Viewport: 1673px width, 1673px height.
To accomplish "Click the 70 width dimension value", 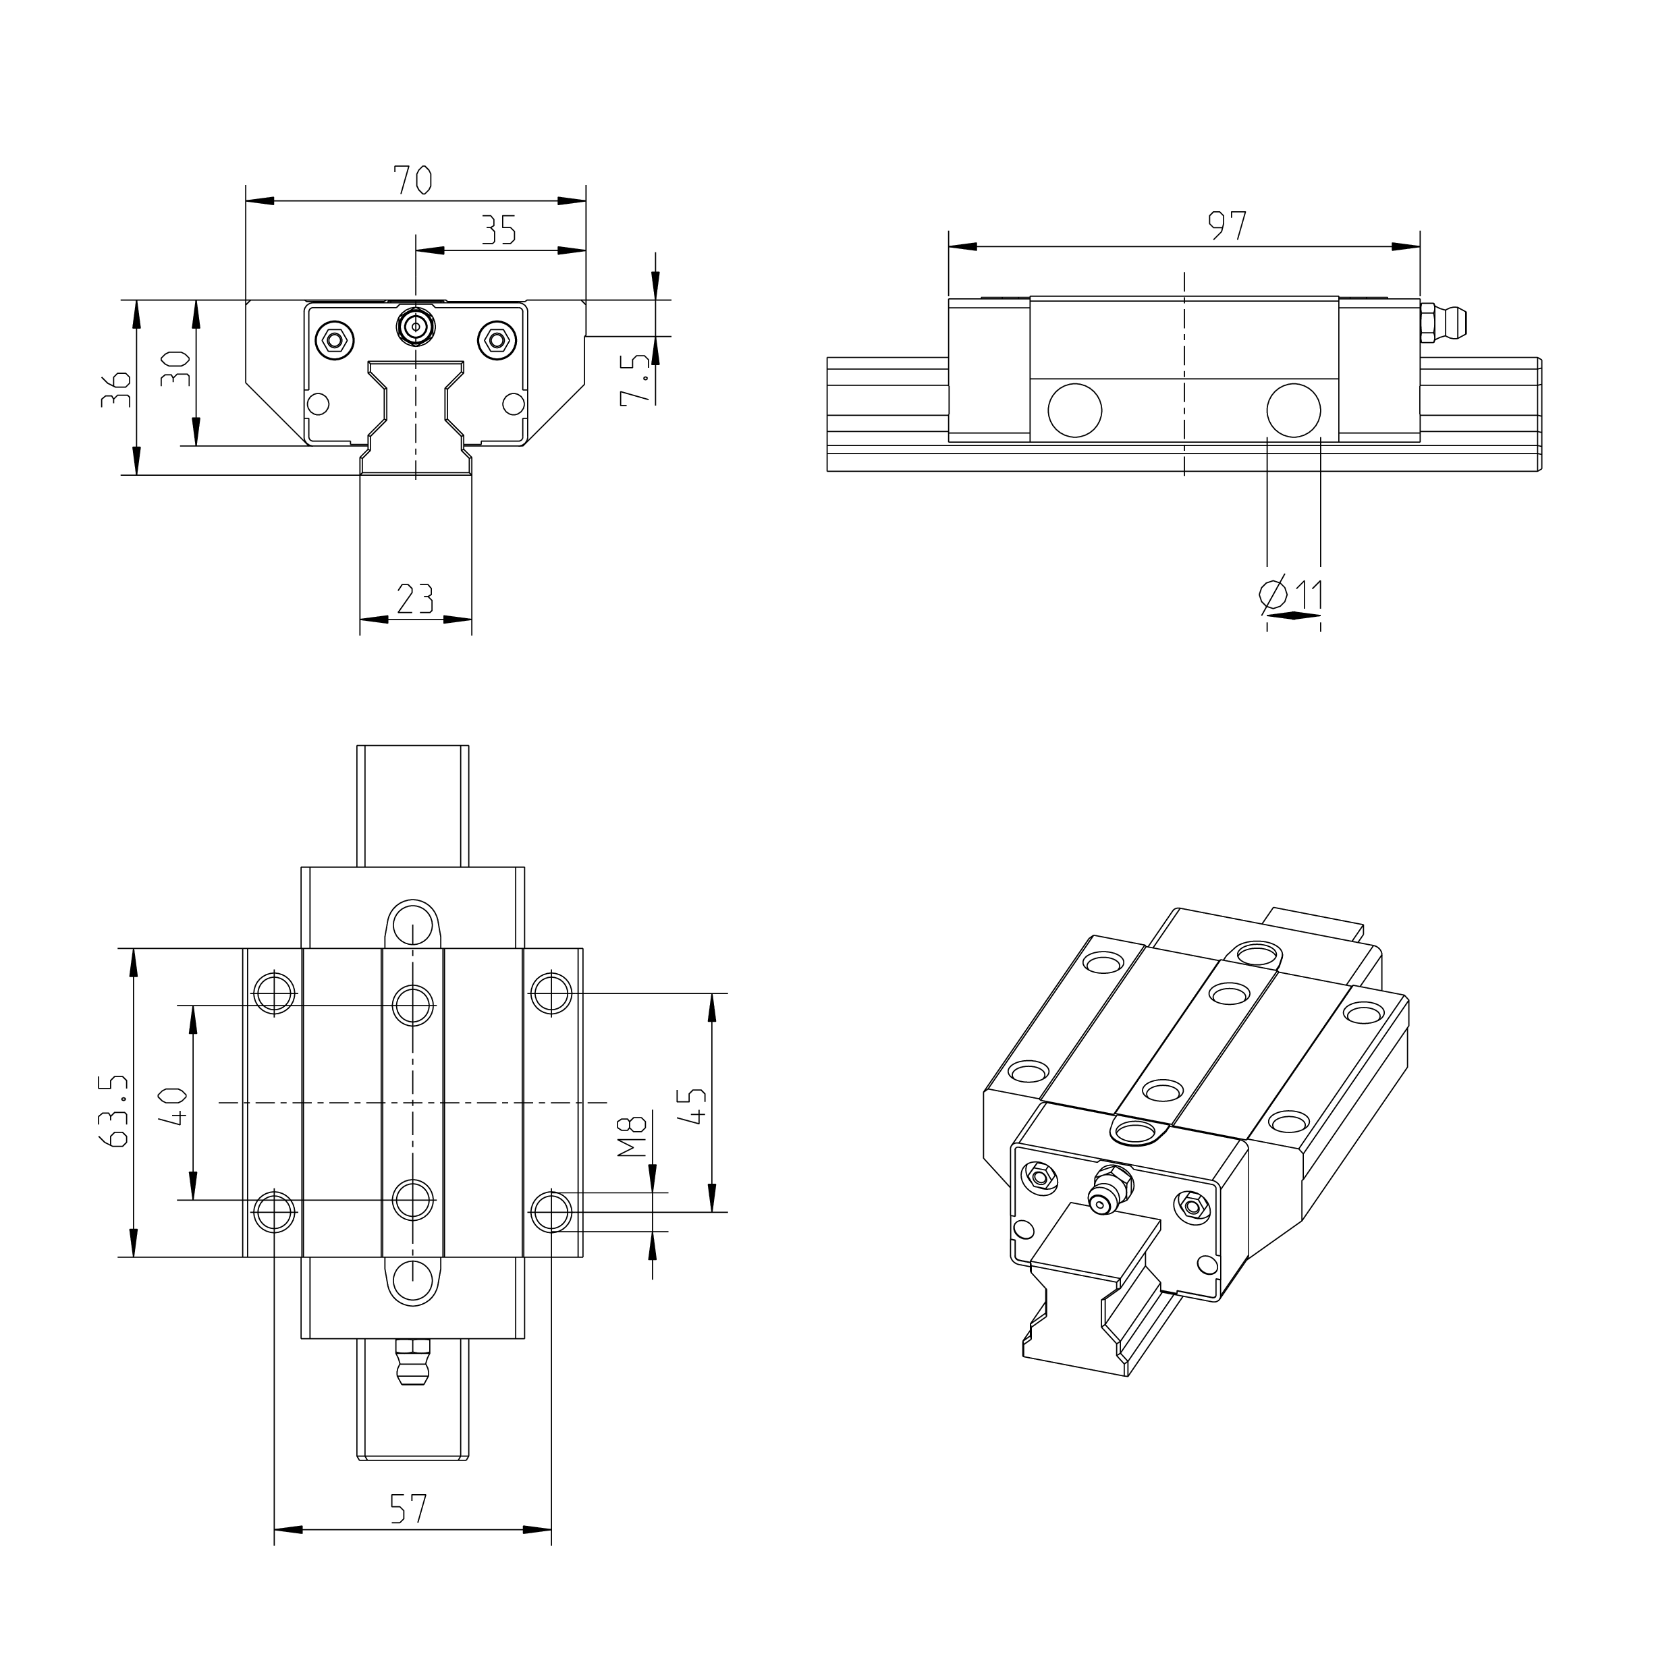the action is (412, 180).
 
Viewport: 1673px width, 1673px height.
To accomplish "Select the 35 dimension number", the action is (499, 230).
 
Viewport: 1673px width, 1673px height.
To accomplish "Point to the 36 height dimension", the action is (116, 389).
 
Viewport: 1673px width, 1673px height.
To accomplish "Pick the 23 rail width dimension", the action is (415, 599).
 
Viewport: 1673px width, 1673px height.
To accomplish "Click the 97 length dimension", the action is (1228, 226).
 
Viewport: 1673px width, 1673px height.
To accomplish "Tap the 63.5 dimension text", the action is (115, 1111).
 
